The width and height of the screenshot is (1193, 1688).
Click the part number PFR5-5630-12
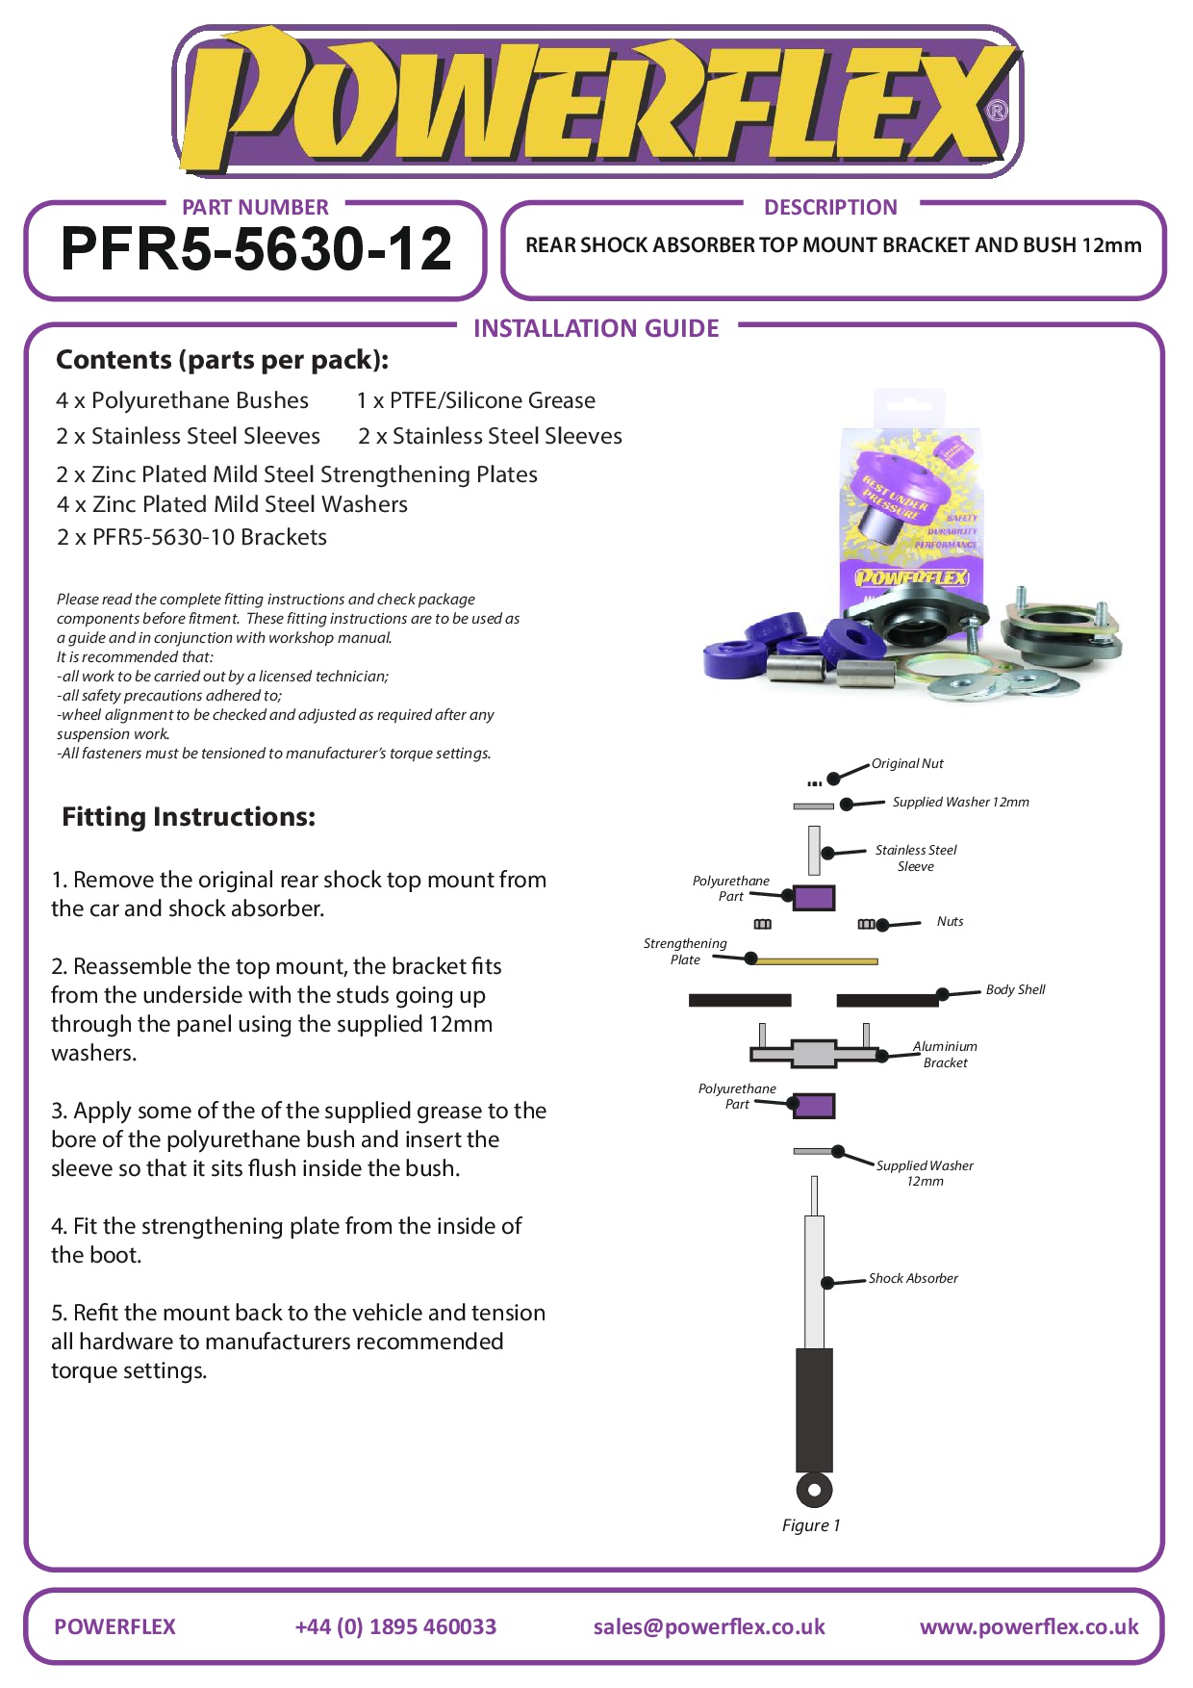(256, 249)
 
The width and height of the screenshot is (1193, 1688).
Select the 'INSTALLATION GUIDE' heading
(596, 329)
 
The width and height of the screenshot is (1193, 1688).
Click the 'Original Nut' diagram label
(907, 764)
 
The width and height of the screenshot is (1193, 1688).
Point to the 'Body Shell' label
(1015, 990)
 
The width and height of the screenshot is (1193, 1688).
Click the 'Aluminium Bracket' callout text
(945, 1055)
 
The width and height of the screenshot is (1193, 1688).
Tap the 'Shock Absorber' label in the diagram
(913, 1279)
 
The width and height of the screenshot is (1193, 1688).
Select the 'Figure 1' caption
(811, 1526)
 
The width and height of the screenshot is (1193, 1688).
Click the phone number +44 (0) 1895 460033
(395, 1627)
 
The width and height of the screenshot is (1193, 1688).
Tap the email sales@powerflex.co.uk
(709, 1627)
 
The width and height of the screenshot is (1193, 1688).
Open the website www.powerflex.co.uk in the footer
(1028, 1627)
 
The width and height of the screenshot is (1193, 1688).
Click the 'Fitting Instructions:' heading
(189, 817)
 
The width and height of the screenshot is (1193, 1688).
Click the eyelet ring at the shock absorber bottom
(814, 1491)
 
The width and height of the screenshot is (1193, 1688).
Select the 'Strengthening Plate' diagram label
(685, 952)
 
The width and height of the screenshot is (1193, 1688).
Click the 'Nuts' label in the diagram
(950, 922)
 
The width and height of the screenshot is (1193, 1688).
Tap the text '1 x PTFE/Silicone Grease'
(476, 400)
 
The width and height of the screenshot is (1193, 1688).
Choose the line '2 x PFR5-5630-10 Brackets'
(191, 537)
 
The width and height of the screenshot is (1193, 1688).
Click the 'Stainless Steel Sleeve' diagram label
(916, 858)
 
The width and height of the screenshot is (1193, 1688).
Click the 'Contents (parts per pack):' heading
(222, 360)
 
